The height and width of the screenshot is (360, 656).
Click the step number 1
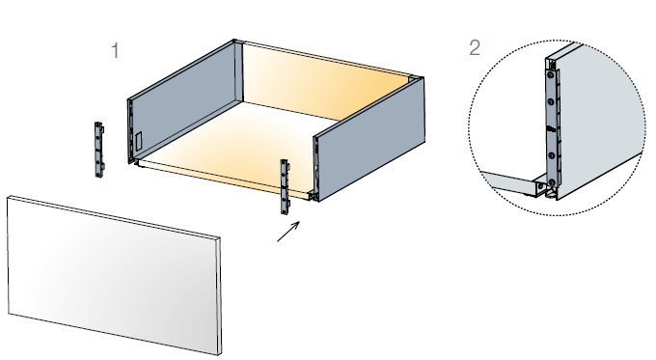pos(115,50)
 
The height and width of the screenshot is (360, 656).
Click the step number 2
pos(475,47)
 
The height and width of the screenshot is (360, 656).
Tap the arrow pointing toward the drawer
pos(288,232)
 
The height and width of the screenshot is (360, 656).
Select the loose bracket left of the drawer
pos(99,150)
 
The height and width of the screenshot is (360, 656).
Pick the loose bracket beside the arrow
pos(285,186)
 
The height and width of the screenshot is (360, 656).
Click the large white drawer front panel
pos(114,275)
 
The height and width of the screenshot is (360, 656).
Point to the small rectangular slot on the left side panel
pos(139,141)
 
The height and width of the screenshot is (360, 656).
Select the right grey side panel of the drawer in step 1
pos(369,139)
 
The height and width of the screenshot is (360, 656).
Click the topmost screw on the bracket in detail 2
pos(551,75)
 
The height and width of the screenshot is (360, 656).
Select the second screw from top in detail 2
pos(551,101)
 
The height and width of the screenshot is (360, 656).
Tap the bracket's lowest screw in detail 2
pos(552,182)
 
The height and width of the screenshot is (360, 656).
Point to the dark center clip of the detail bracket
pos(551,129)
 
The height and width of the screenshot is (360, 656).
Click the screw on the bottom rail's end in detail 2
pos(540,184)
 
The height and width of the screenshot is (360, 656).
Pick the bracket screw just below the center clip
pos(552,155)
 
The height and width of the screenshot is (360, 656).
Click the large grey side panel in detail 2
pos(598,122)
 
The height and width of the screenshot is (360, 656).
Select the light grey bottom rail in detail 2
pos(511,182)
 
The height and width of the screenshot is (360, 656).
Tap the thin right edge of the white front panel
pos(219,297)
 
